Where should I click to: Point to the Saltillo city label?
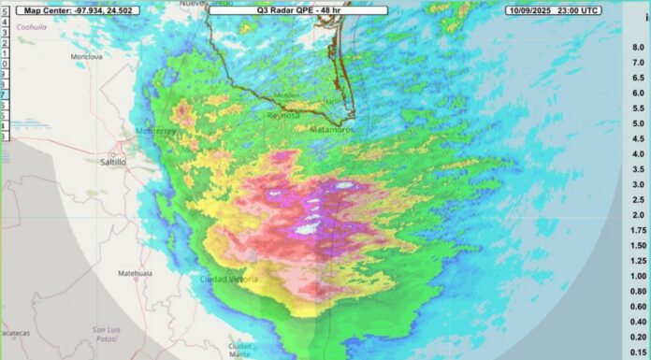[x=114, y=161]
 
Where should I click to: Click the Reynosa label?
[x=282, y=118]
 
